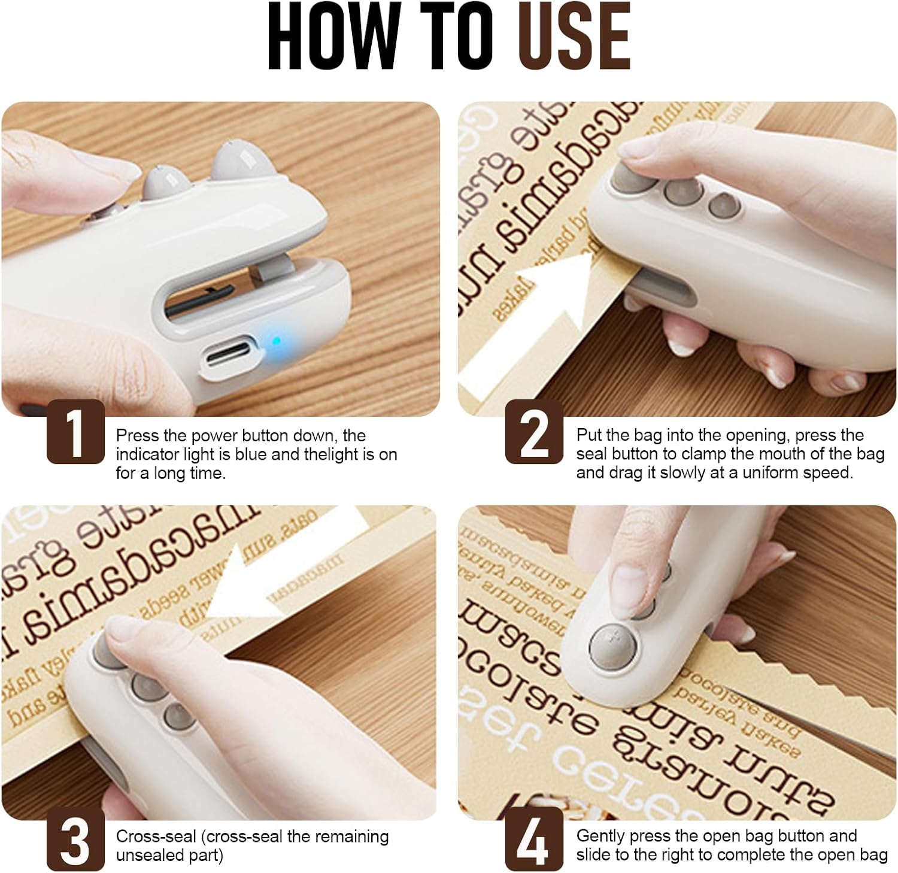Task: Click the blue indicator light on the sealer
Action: pyautogui.click(x=276, y=342)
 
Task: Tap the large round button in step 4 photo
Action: pyautogui.click(x=612, y=648)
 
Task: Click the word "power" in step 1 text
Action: pyautogui.click(x=215, y=436)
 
